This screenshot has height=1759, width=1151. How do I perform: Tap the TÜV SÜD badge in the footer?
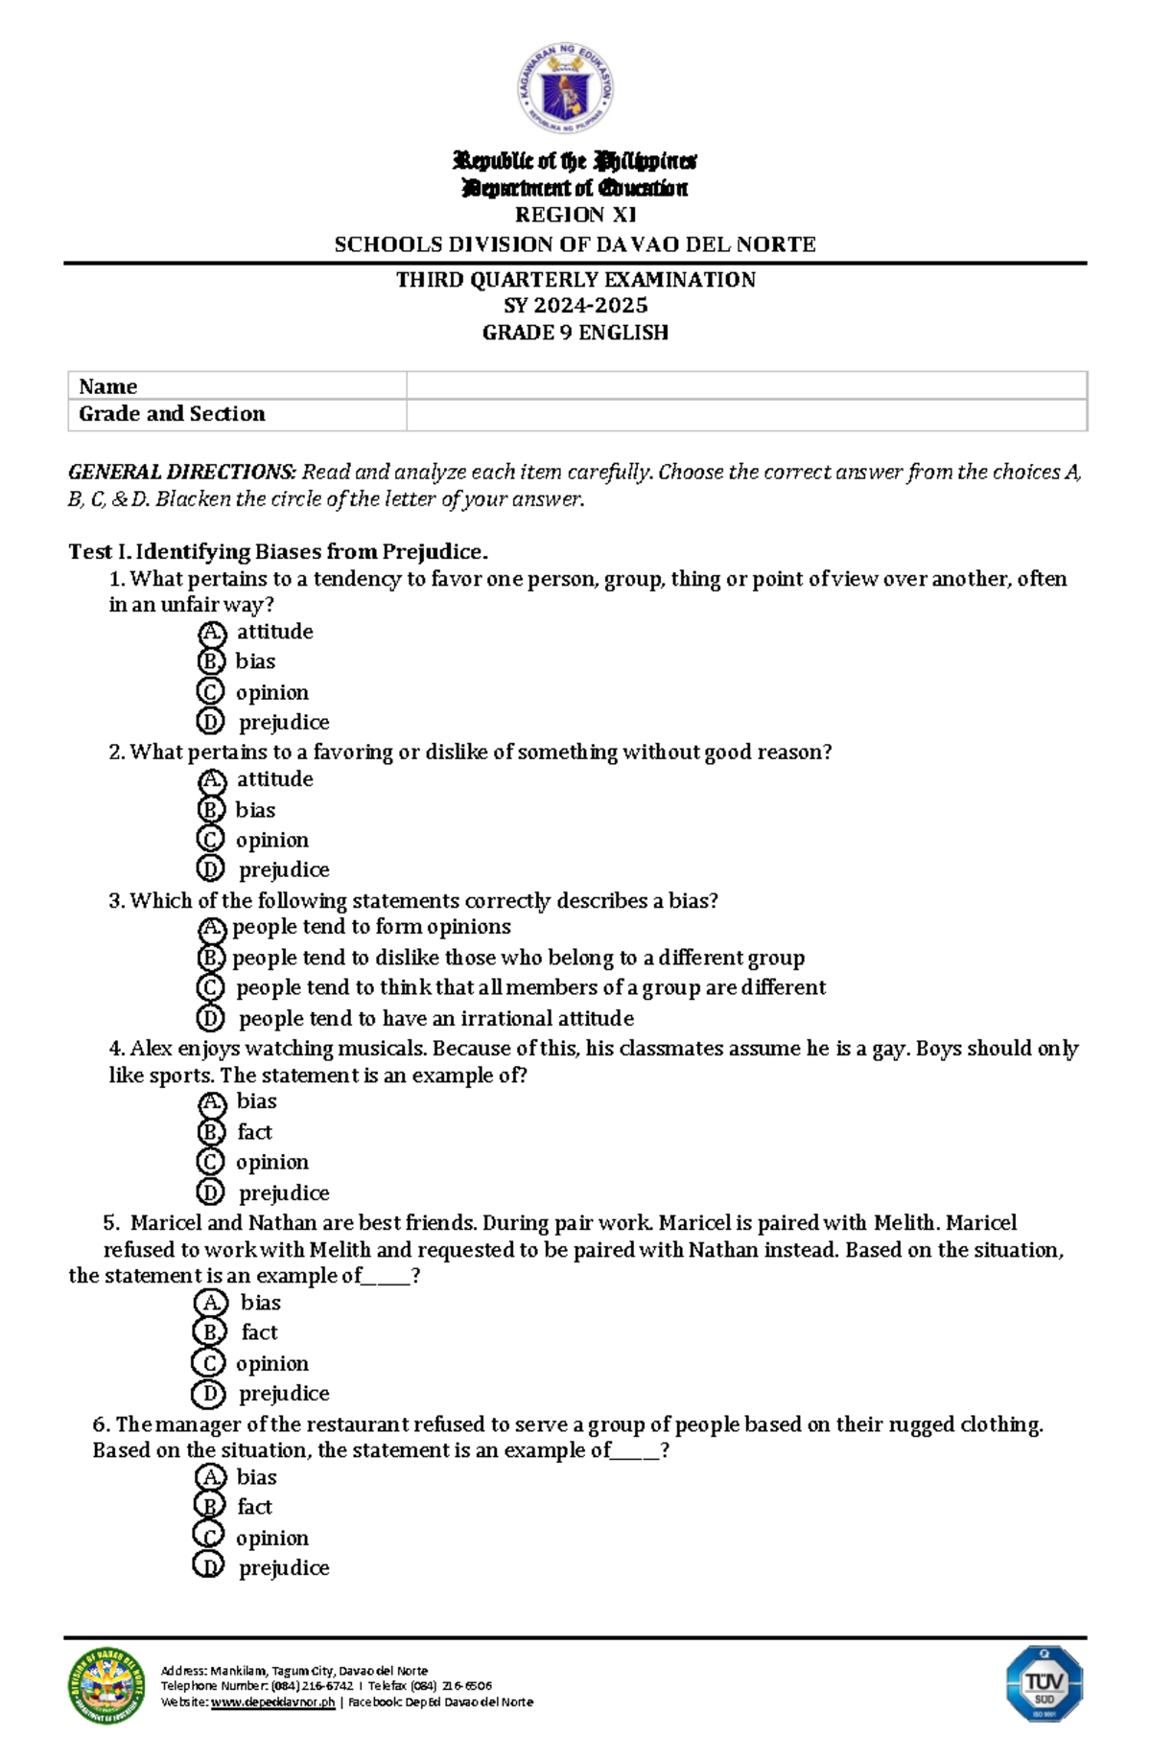[1044, 1684]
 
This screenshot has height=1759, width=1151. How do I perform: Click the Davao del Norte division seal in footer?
[106, 1686]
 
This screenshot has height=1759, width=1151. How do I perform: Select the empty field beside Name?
[745, 385]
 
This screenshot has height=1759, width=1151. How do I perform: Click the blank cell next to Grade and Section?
[745, 414]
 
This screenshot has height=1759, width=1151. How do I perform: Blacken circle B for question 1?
[210, 661]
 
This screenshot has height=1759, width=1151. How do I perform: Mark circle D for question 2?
[210, 869]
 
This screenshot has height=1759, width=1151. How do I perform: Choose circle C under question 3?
[210, 987]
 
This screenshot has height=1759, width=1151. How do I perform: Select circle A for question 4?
[211, 1102]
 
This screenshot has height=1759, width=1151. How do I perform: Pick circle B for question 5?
[209, 1332]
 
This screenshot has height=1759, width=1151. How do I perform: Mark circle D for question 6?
[208, 1567]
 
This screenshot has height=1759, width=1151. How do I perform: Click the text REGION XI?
[575, 215]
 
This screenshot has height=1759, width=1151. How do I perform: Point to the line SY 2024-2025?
[575, 306]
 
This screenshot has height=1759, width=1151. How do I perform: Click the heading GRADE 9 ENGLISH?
[575, 333]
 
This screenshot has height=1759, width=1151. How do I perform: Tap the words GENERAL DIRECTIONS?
[182, 472]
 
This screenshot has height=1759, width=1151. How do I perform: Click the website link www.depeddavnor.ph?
[272, 1702]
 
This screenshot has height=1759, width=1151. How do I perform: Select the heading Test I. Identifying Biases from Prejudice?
[278, 552]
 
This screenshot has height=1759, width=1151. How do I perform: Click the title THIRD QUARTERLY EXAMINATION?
[575, 280]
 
